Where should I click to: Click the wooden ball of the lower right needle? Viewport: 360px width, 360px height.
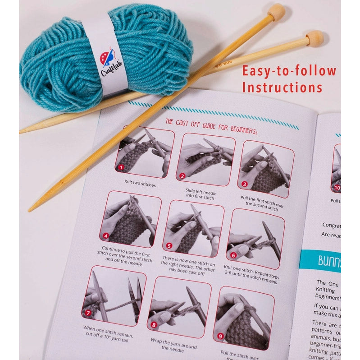[315, 38]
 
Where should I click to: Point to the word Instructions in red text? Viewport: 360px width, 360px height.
[283, 87]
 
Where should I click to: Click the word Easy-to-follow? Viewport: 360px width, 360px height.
[289, 71]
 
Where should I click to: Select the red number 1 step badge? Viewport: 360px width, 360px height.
[121, 167]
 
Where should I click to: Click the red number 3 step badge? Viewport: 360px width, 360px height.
[244, 184]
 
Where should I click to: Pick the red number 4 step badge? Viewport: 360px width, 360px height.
[106, 235]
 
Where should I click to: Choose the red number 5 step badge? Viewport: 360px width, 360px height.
[169, 246]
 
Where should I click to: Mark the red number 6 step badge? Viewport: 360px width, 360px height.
[233, 255]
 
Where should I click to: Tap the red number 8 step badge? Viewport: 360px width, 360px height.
[154, 324]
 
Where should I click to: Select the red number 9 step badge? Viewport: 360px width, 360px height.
[220, 336]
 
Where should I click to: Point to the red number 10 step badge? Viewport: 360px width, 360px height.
[336, 188]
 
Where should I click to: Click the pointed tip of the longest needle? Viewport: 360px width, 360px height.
[30, 209]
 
